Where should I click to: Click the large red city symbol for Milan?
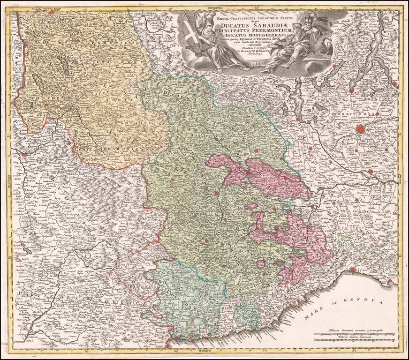[361, 129]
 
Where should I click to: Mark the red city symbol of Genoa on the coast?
[352, 270]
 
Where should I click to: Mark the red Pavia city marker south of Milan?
[370, 172]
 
